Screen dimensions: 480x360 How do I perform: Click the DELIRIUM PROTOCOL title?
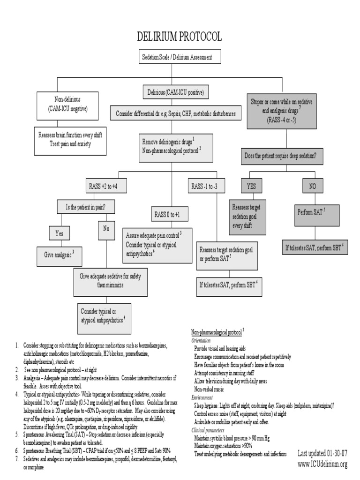click(x=180, y=37)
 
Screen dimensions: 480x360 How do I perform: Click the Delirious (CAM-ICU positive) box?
click(x=175, y=92)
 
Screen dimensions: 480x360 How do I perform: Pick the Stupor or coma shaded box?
click(x=285, y=111)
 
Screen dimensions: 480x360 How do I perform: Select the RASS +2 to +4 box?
click(x=107, y=187)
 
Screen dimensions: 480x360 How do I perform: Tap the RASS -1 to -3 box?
click(x=204, y=187)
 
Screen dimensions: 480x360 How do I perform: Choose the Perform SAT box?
click(x=311, y=212)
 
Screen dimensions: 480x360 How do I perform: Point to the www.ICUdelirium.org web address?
click(x=323, y=464)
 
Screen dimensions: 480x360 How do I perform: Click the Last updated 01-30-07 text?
click(x=322, y=453)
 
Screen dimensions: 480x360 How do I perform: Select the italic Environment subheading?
click(x=202, y=397)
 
